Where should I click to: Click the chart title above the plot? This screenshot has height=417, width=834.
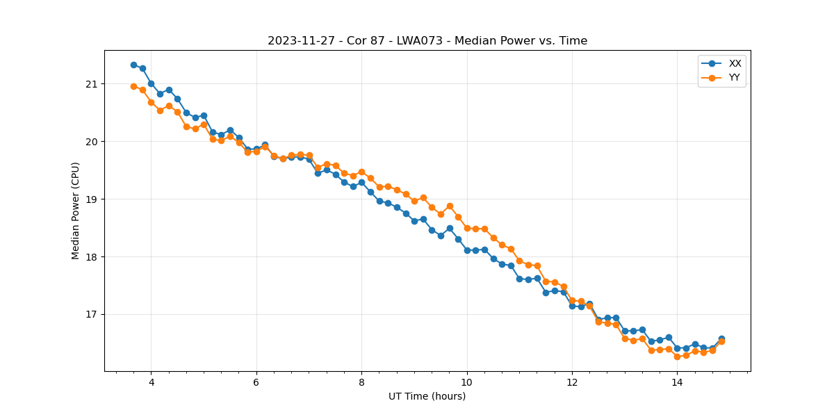427,41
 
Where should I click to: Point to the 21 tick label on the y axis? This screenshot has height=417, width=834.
92,84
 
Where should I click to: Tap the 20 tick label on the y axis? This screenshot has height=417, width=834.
92,142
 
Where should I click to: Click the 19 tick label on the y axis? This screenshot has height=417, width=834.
92,199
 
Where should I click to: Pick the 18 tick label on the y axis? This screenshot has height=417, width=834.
92,257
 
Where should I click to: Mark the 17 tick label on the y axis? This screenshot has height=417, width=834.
92,315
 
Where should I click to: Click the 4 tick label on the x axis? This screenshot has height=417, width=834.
151,382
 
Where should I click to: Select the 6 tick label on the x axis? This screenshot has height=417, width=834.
256,382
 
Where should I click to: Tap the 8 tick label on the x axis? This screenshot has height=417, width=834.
361,382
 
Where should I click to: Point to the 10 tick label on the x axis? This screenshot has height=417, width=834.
467,382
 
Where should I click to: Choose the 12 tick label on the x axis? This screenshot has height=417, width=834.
572,382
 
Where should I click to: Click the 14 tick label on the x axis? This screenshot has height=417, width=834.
677,382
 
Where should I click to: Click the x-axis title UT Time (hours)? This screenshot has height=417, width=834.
427,396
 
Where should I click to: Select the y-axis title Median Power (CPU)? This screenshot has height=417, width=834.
76,211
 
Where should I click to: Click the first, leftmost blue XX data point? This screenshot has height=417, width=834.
133,65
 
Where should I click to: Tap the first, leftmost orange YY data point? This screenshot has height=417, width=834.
133,86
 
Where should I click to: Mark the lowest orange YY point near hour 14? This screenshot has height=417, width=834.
677,357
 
